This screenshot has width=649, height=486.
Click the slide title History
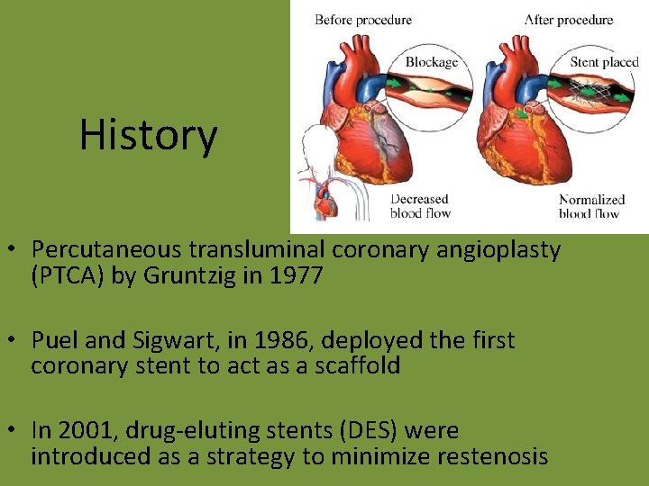coord(148,135)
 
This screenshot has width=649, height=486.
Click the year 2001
coord(87,430)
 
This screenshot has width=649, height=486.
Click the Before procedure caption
coord(363,20)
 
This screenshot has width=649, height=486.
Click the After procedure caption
coord(569,20)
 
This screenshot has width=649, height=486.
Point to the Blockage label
coord(431,62)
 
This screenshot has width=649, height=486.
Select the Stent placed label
coord(603,62)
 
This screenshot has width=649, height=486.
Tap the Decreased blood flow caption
coord(419,206)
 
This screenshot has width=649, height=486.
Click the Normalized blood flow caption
coord(591,206)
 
